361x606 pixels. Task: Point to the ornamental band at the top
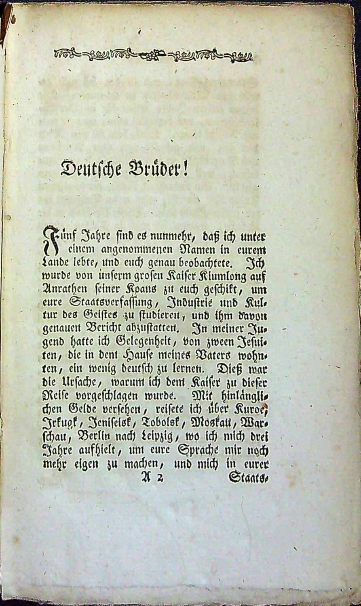[x=153, y=54]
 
